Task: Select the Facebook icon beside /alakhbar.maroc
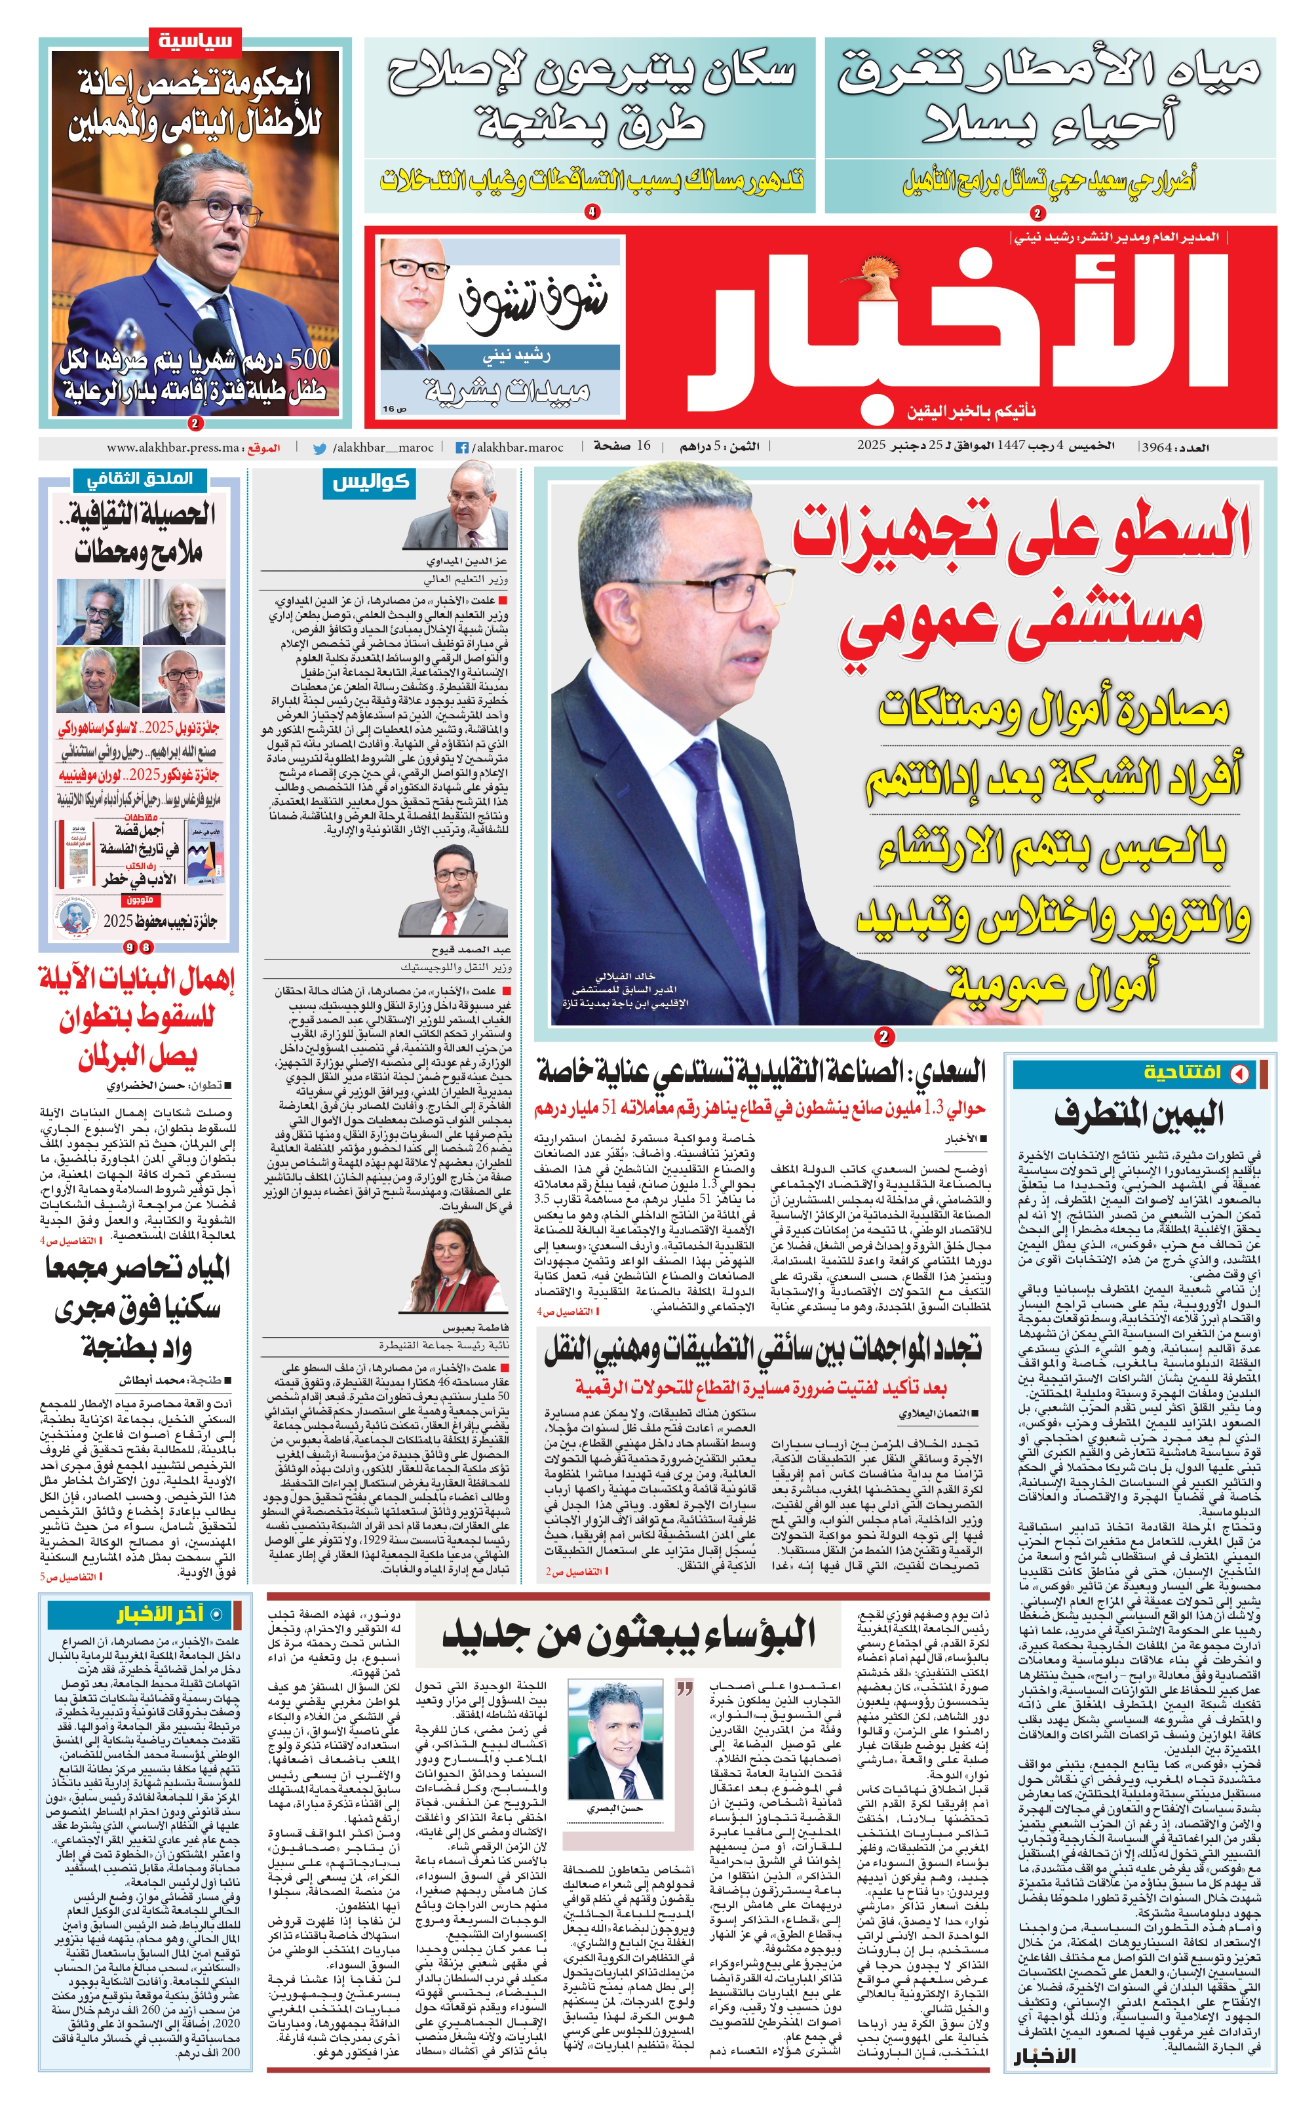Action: (x=462, y=448)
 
